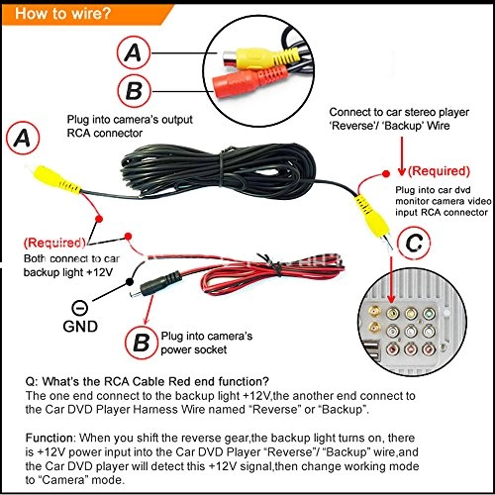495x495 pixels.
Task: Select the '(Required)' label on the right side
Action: point(438,170)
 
